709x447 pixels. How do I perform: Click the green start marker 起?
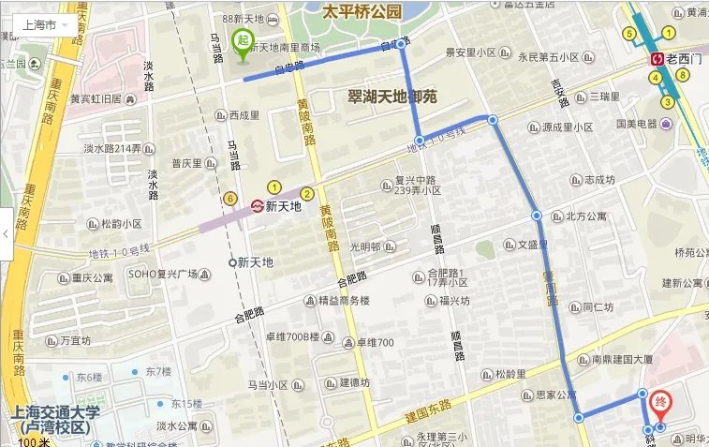click(242, 42)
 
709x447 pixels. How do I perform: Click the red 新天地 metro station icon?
click(257, 206)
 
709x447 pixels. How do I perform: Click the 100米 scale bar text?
click(33, 441)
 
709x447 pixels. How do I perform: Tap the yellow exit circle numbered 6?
click(229, 198)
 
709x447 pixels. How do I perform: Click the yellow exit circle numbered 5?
click(629, 35)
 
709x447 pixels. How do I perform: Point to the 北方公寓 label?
click(585, 216)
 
